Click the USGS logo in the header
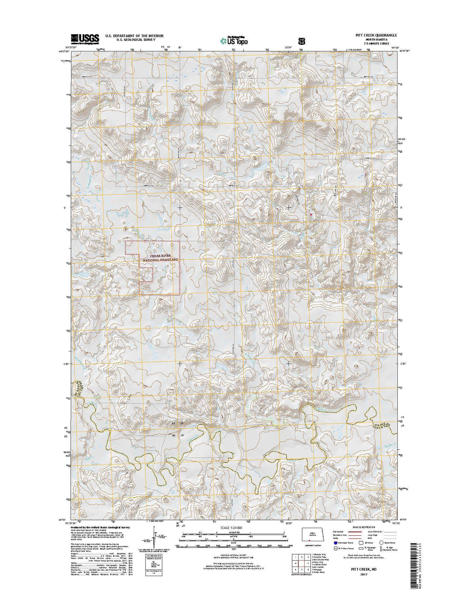click(85, 39)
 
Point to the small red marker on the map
click(311, 214)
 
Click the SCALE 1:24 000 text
click(234, 527)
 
